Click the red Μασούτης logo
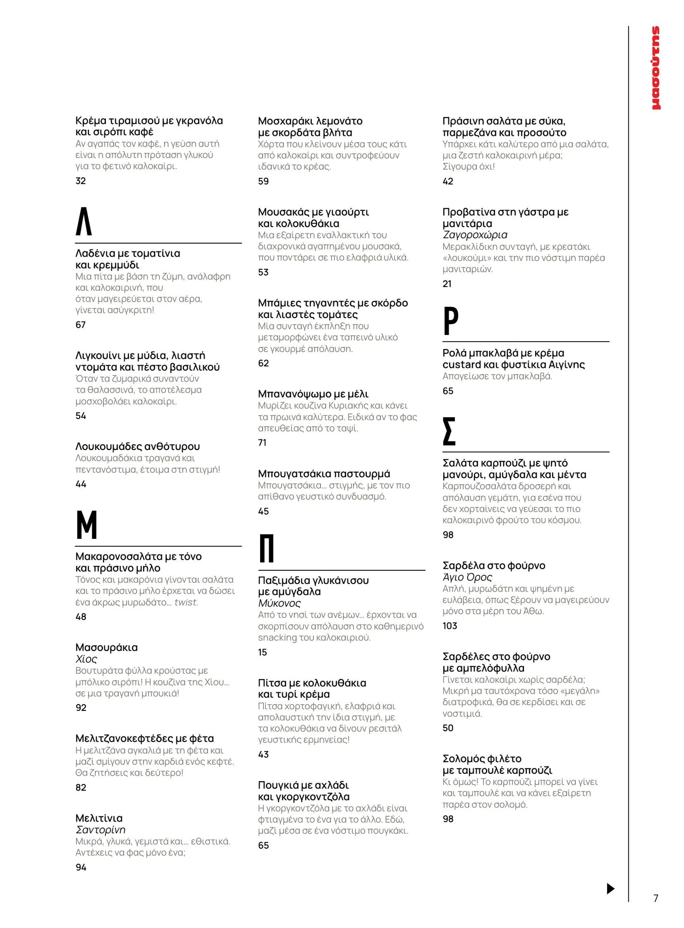pos(655,68)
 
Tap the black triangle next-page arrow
pos(610,888)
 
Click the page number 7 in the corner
pos(655,898)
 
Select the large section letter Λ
pos(84,221)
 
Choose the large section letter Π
pos(267,549)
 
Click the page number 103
pos(450,626)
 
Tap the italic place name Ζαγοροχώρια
pos(475,235)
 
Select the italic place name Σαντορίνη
pos(101,830)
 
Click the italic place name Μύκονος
pos(279,603)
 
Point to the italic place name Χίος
pos(86,659)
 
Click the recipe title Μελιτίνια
pos(99,818)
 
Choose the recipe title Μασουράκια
pos(106,647)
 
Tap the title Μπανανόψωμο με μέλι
pos(313,394)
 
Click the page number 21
pos(447,284)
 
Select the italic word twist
pos(186,602)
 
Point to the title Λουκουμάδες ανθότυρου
pos(138,446)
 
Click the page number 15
pos(262,652)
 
